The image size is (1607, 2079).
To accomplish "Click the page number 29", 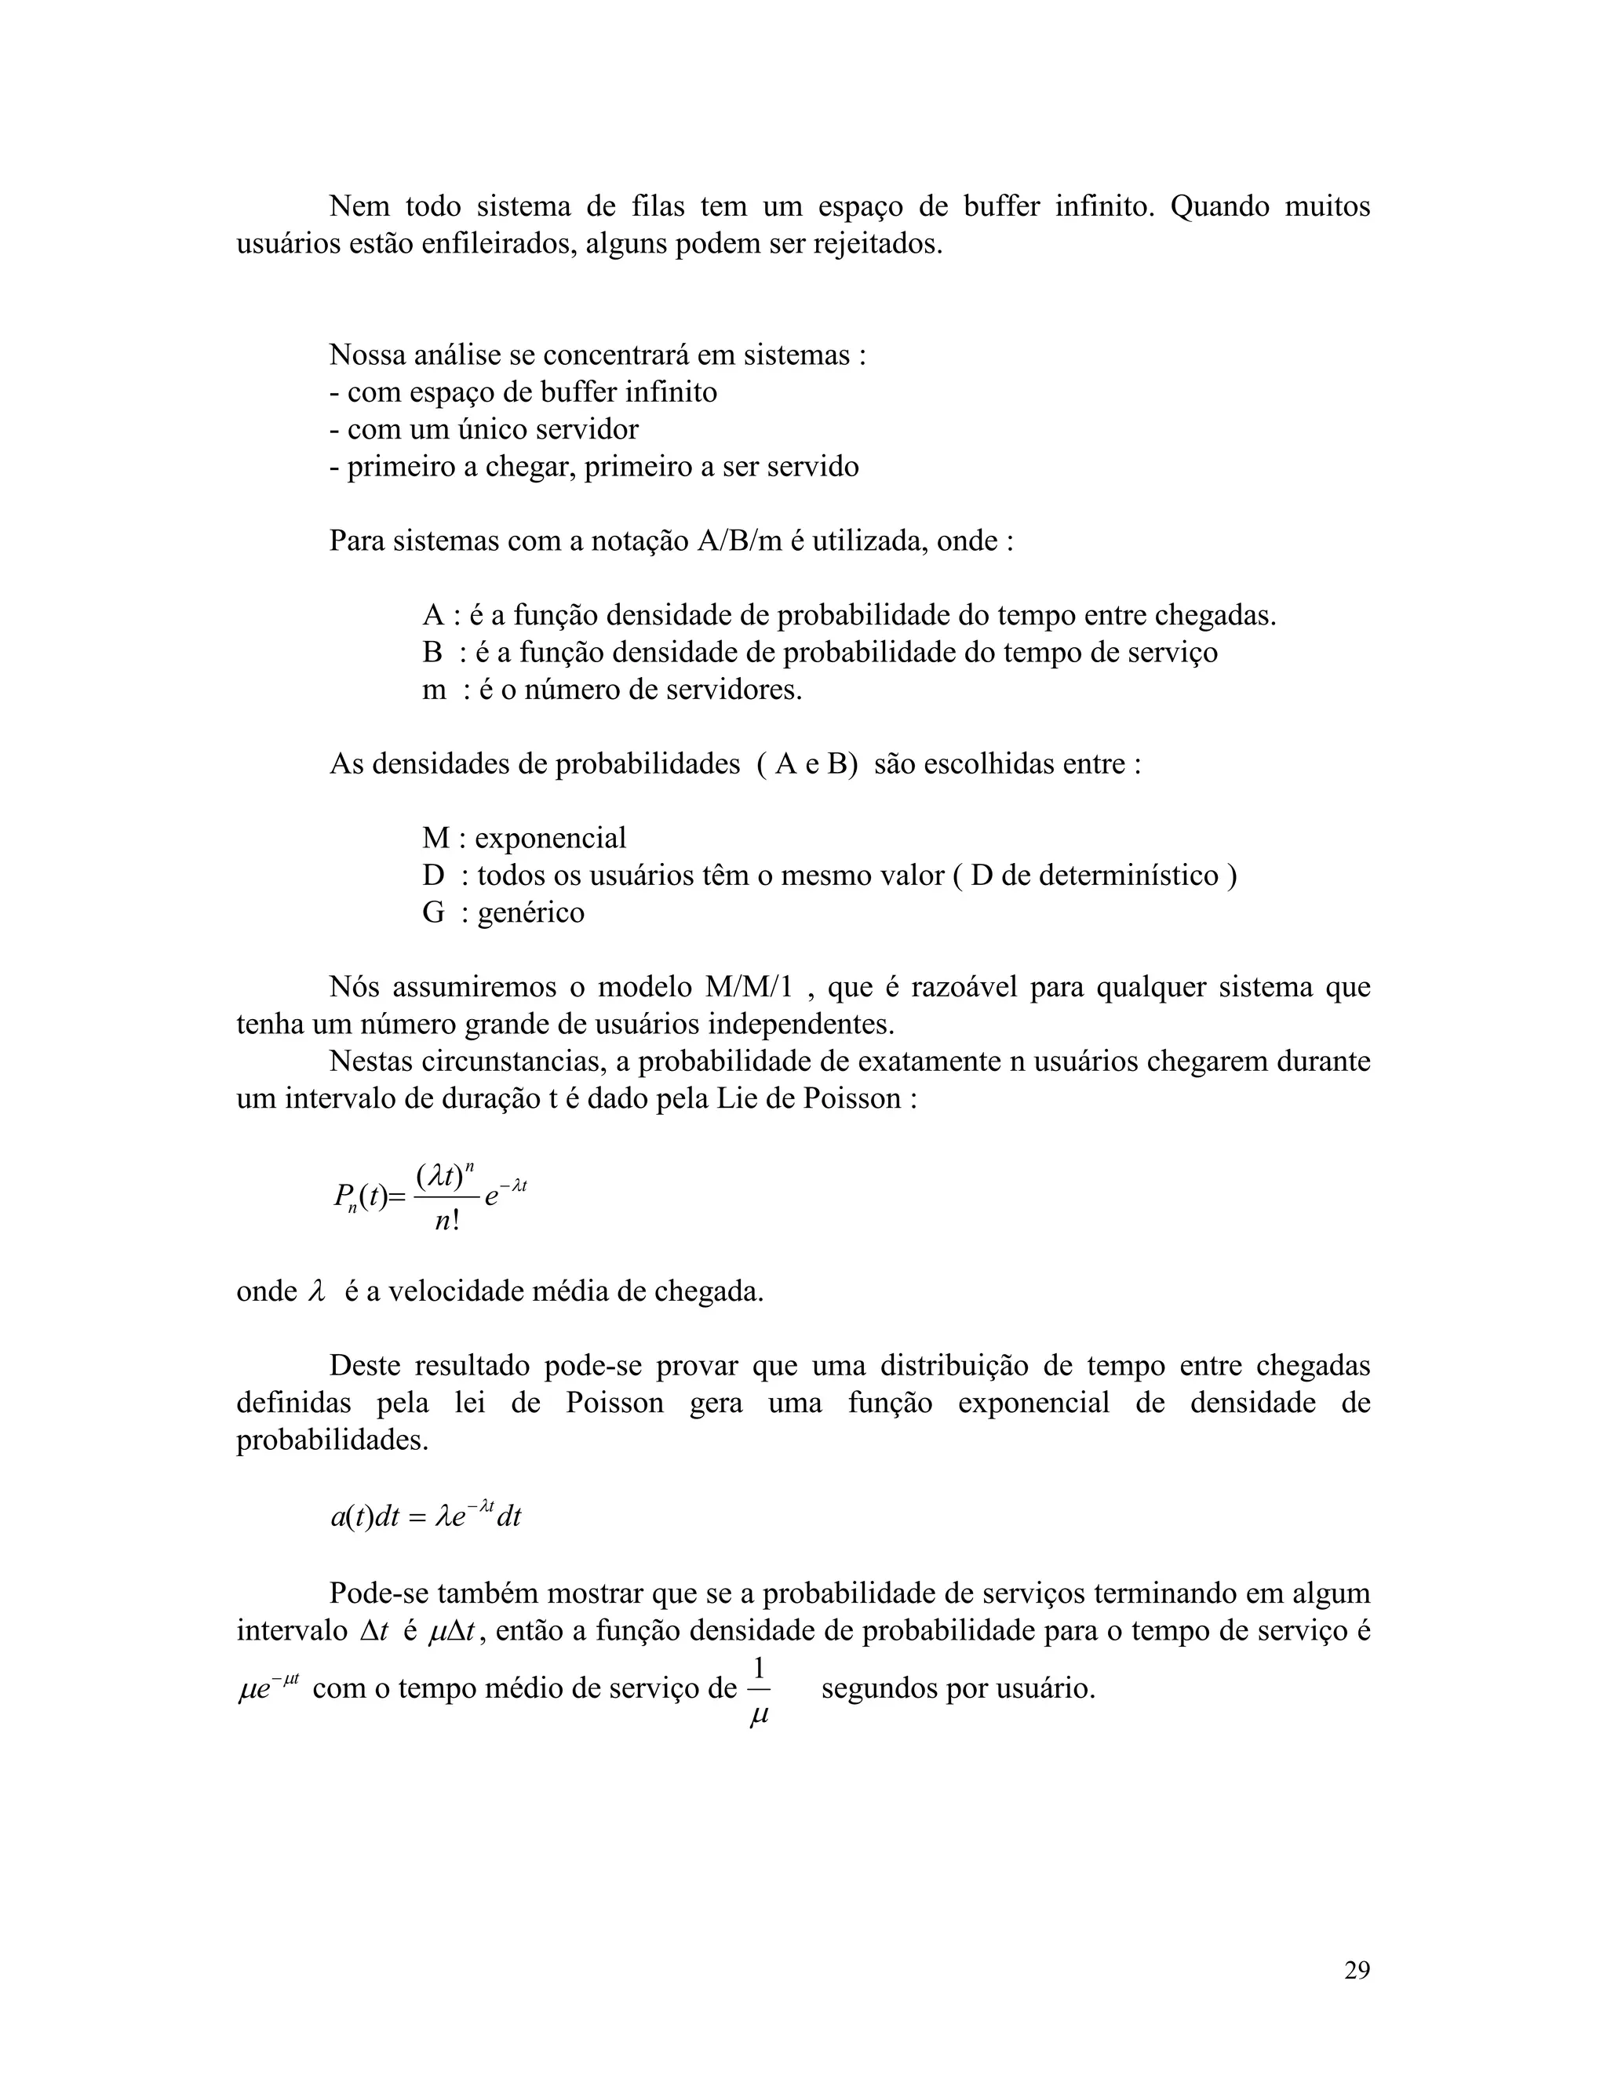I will point(1357,1969).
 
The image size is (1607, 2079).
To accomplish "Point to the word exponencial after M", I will point(550,838).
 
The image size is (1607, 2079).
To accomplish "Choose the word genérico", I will point(530,912).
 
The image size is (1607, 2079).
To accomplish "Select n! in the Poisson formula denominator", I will point(447,1221).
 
